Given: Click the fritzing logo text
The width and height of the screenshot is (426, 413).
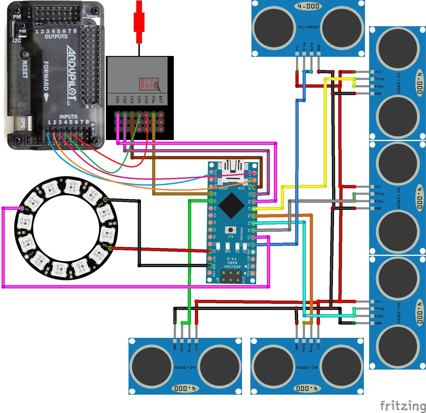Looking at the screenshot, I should click(403, 406).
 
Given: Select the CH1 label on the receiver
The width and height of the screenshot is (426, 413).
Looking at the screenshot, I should click(118, 100).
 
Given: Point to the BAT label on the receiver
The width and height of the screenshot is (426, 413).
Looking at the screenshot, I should click(160, 100).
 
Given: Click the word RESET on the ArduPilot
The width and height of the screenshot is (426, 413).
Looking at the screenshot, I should click(25, 69).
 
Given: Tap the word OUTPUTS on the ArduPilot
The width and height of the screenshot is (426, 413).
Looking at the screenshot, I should click(56, 36).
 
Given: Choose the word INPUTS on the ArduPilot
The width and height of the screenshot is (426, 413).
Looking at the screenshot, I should click(68, 117).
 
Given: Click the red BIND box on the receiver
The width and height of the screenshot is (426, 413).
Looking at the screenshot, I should click(149, 84).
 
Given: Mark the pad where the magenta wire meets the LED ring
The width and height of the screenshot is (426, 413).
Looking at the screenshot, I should click(22, 208).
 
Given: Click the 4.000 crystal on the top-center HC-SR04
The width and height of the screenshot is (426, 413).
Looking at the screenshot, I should click(308, 6).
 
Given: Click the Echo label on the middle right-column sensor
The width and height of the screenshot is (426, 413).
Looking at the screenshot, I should click(379, 201).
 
